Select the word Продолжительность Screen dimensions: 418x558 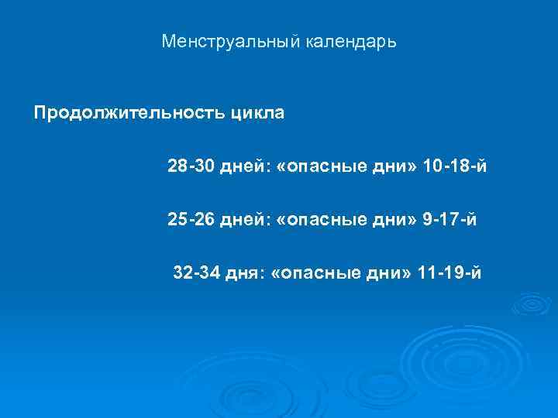tap(128, 114)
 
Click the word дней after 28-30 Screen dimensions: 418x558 tap(243, 167)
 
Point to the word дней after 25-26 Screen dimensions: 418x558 tap(243, 221)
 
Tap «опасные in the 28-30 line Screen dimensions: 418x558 tap(319, 167)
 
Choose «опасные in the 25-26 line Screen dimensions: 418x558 tap(319, 221)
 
